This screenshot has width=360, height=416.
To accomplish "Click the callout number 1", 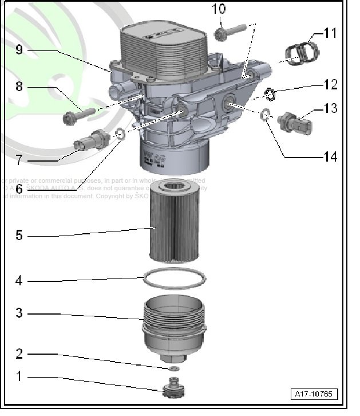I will click(x=19, y=376).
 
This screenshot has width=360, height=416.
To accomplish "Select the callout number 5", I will click(x=19, y=235).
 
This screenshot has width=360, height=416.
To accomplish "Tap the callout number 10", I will click(x=219, y=9).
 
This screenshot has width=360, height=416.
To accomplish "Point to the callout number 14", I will click(x=330, y=156).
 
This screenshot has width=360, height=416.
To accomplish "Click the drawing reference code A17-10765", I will click(x=314, y=394).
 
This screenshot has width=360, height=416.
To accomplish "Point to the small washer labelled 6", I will click(x=119, y=135).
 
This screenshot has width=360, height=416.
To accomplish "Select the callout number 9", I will click(x=19, y=50).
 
